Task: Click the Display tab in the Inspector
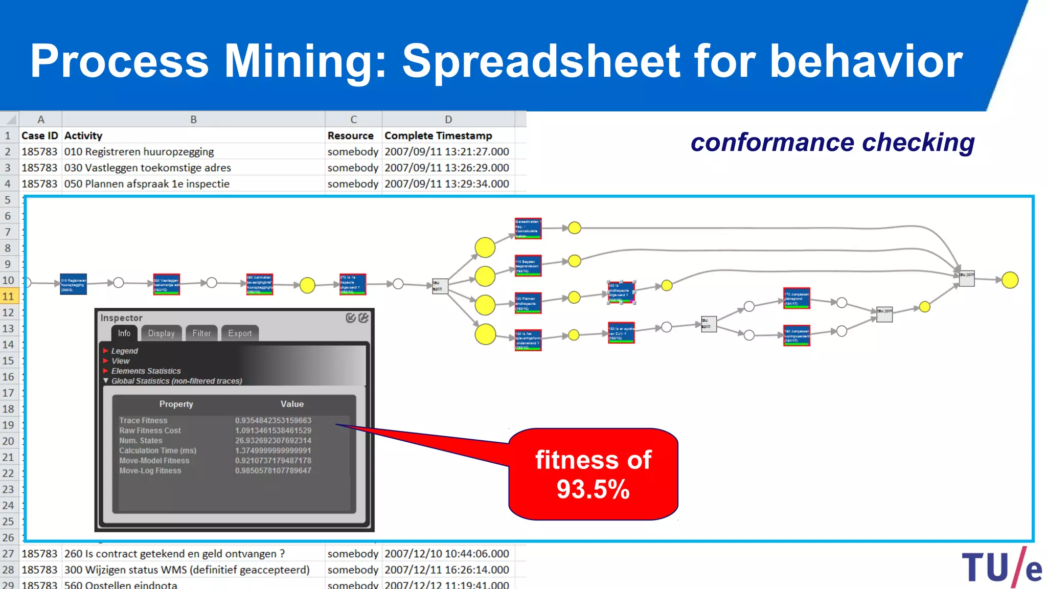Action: point(161,333)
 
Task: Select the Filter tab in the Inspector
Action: point(201,333)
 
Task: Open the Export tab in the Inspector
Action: point(240,333)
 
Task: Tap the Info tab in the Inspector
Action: point(124,333)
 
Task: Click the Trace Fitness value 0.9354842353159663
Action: point(273,420)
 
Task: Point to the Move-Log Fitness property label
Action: point(150,470)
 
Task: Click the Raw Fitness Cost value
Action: point(273,431)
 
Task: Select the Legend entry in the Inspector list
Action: point(124,351)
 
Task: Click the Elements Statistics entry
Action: point(146,371)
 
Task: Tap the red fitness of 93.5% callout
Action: point(593,474)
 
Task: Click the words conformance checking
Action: point(832,142)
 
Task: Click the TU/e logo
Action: point(1002,568)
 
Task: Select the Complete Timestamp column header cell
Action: point(438,135)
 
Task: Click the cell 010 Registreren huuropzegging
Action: point(139,152)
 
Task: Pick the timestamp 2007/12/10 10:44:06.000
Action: point(446,554)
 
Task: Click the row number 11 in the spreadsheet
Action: point(8,296)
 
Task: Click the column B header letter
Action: point(193,119)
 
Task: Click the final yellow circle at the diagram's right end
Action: point(1010,280)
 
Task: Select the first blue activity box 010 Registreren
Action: point(73,284)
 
